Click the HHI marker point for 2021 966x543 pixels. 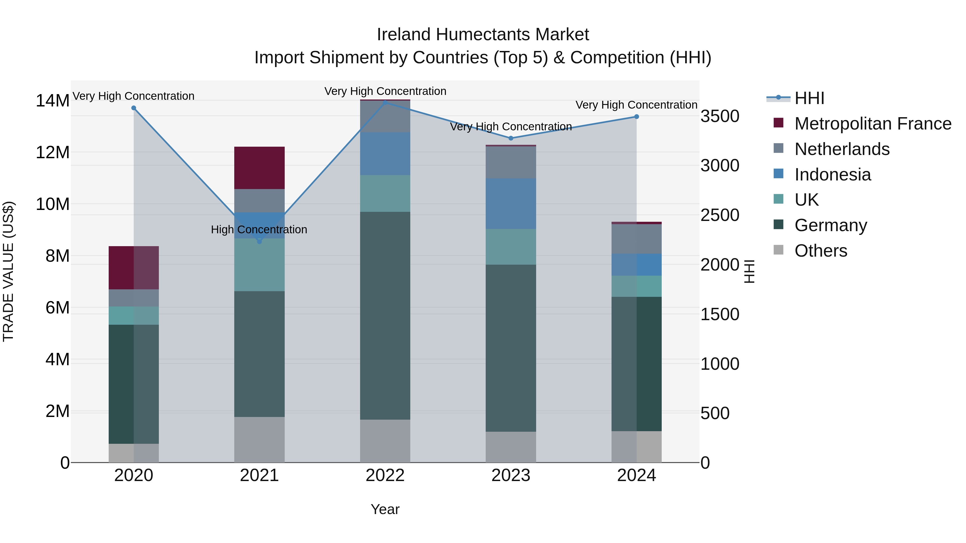pyautogui.click(x=259, y=241)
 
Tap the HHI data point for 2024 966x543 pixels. pyautogui.click(x=636, y=117)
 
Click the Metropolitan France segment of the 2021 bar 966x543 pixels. pyautogui.click(x=259, y=168)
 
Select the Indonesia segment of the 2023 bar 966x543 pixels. pyautogui.click(x=510, y=204)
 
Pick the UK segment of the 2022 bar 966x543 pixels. pyautogui.click(x=385, y=193)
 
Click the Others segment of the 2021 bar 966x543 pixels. pyautogui.click(x=259, y=439)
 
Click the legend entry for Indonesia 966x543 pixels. pyautogui.click(x=832, y=175)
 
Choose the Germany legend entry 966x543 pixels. pyautogui.click(x=830, y=225)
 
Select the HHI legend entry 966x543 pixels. pyautogui.click(x=809, y=98)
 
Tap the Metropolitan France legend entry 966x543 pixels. pyautogui.click(x=872, y=124)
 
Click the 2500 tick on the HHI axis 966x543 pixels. pyautogui.click(x=720, y=215)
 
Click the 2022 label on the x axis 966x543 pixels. pyautogui.click(x=385, y=475)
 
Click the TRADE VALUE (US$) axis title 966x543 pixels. pyautogui.click(x=8, y=271)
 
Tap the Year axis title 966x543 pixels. pyautogui.click(x=385, y=509)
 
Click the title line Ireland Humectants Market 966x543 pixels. pyautogui.click(x=483, y=35)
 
